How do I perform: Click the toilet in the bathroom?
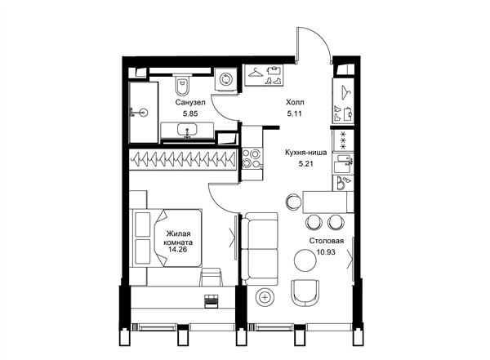pos(182,84)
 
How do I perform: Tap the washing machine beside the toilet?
pos(225,79)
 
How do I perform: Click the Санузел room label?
pos(190,102)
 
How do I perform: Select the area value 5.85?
pos(190,113)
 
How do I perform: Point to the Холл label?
pos(295,102)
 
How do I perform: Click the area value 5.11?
pos(294,113)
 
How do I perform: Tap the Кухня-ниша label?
pos(306,153)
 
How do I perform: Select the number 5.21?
pos(306,164)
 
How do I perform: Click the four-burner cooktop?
pos(252,158)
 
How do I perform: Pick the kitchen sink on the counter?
pos(343,162)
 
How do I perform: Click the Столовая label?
pos(327,241)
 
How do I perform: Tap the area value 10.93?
pos(326,252)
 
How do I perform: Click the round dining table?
pos(305,260)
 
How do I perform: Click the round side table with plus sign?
pos(265,297)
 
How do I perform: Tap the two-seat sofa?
pos(260,249)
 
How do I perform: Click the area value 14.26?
pos(177,249)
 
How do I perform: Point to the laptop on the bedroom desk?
pos(212,300)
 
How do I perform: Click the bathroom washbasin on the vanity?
pos(187,130)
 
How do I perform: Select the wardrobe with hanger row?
pos(184,159)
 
